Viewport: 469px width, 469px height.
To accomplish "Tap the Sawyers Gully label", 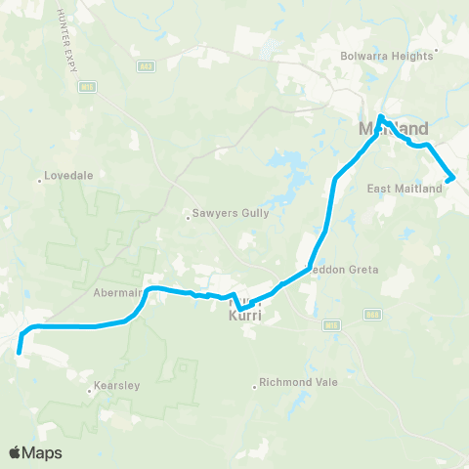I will (x=224, y=218).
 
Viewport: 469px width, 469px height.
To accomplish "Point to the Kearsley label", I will (x=117, y=386).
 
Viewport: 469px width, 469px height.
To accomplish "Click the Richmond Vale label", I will (x=302, y=382).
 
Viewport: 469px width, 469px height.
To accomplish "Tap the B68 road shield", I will (x=370, y=314).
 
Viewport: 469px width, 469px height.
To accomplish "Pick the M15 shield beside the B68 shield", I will (x=332, y=323).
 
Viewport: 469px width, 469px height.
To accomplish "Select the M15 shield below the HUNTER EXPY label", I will (x=86, y=86).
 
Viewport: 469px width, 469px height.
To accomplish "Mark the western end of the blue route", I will (x=19, y=353).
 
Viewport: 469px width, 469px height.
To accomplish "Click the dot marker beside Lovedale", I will (x=38, y=179).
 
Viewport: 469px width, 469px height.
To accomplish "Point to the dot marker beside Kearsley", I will (x=90, y=392).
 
